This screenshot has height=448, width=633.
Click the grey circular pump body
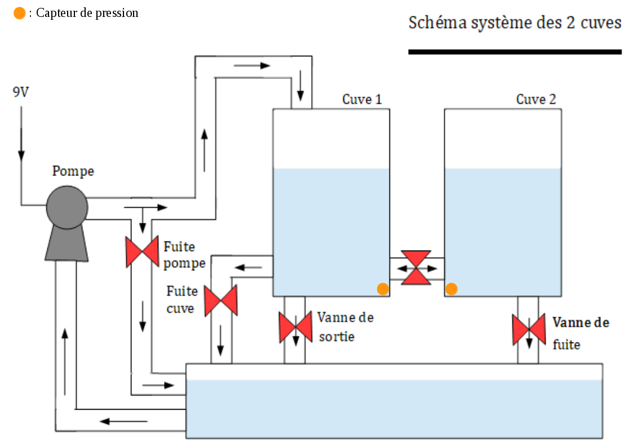(x=67, y=207)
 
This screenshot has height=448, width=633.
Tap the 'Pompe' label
(x=73, y=171)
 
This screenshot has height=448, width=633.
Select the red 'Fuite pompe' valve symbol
(x=141, y=252)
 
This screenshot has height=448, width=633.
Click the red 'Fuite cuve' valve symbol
(x=220, y=300)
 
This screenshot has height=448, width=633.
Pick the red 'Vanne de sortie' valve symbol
(x=295, y=327)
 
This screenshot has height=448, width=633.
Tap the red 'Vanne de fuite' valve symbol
(x=528, y=330)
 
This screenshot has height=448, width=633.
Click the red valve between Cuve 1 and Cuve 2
(x=417, y=267)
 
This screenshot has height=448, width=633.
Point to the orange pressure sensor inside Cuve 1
(x=383, y=289)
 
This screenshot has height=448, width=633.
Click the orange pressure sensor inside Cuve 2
(x=451, y=289)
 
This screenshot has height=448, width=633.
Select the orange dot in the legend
(x=19, y=13)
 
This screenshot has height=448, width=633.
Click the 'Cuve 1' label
(x=362, y=99)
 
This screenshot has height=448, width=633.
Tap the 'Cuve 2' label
(x=536, y=99)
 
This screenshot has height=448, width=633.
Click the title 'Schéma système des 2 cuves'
(x=515, y=23)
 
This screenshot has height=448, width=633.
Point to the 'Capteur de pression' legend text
(x=87, y=13)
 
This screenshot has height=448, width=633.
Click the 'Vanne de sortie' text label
(x=344, y=327)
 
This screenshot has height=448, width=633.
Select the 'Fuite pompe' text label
(x=184, y=255)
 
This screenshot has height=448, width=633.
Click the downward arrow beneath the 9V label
(x=21, y=135)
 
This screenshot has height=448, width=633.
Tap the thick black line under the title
(x=515, y=52)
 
